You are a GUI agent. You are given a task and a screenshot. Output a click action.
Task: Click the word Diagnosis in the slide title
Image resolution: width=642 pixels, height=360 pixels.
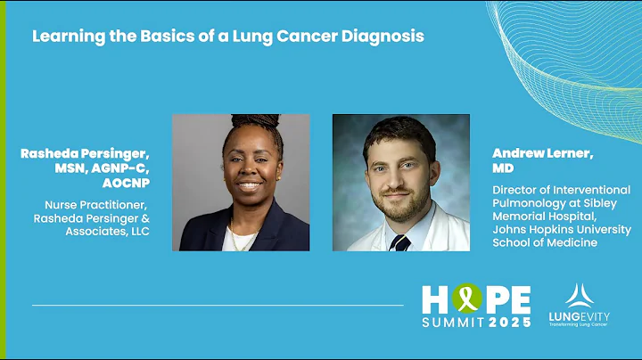coord(385,37)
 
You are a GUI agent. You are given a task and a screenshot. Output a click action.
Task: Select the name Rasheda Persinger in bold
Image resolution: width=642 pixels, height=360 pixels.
coord(85,153)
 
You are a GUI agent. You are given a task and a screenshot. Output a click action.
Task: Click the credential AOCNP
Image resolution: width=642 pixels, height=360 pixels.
coord(125,183)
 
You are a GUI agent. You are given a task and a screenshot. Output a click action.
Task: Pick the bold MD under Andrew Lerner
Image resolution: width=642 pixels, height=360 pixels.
coord(503,168)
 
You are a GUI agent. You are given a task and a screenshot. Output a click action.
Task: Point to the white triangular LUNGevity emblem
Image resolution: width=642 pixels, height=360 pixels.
coord(575,295)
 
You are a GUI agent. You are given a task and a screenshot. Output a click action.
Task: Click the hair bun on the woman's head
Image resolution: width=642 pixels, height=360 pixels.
coord(243,120)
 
